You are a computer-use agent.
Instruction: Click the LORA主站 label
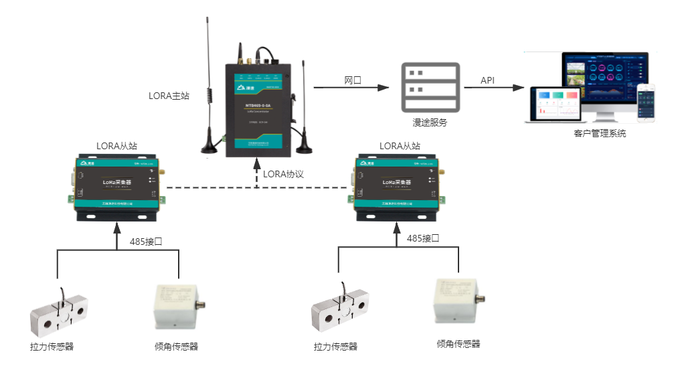[x=169, y=96]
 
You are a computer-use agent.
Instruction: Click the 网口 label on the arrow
[x=353, y=80]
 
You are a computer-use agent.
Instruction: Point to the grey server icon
[x=430, y=87]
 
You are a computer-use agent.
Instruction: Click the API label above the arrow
[x=488, y=80]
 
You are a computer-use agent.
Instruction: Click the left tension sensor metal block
[x=59, y=314]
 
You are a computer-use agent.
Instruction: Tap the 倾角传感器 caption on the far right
[x=458, y=344]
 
